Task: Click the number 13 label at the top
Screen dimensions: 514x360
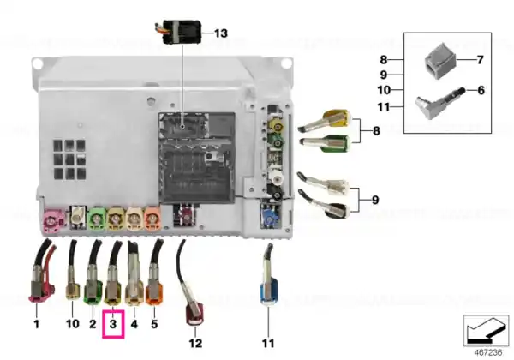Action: point(221,33)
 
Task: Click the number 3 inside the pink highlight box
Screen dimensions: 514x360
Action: point(113,324)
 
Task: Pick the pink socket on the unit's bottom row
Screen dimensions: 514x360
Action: point(53,221)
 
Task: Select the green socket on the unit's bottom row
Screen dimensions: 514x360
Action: point(97,218)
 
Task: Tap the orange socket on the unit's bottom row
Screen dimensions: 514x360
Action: point(152,218)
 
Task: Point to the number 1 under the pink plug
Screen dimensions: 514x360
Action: point(36,324)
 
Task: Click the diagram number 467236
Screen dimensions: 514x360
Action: point(488,352)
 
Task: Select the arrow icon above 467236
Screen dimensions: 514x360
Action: point(486,331)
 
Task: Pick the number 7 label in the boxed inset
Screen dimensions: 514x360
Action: point(480,60)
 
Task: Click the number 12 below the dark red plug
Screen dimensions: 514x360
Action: point(195,343)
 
